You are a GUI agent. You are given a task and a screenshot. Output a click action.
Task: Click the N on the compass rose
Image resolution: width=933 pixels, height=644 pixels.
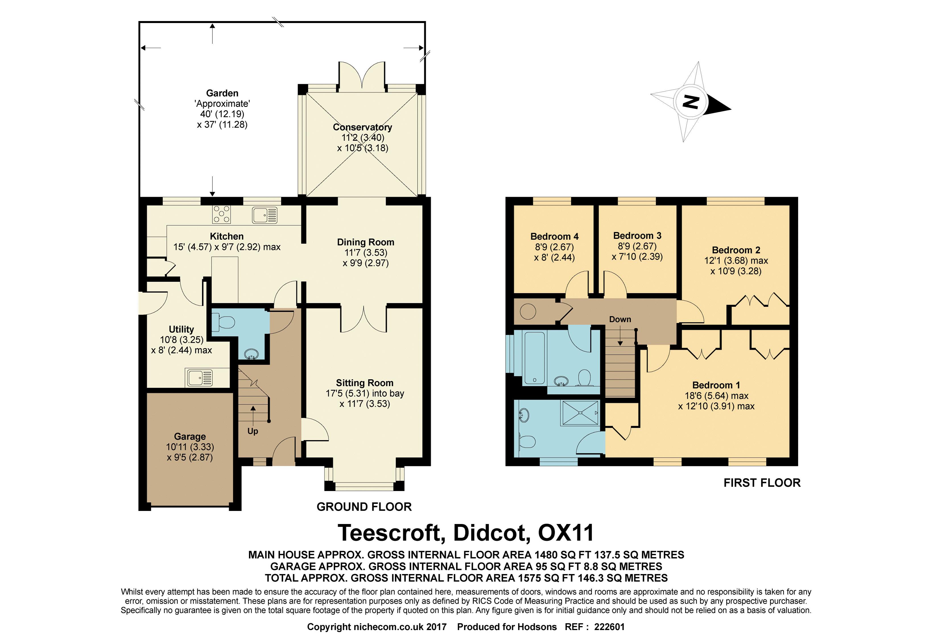point(690,102)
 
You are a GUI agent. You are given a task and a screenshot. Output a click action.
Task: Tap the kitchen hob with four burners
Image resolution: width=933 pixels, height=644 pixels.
point(222,214)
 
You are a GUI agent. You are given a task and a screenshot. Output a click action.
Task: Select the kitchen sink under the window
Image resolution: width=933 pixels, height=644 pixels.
point(265,215)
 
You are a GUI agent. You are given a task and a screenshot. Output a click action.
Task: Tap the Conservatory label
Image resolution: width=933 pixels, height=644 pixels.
point(362,127)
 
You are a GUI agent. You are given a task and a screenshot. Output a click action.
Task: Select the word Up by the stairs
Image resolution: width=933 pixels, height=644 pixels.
point(253,431)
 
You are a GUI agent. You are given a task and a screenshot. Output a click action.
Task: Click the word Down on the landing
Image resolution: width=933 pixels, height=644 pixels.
point(620,319)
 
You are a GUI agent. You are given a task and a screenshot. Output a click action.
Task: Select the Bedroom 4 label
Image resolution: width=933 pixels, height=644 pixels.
point(554,237)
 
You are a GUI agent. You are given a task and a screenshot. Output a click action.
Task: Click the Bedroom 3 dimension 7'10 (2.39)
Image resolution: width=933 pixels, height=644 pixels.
point(637,257)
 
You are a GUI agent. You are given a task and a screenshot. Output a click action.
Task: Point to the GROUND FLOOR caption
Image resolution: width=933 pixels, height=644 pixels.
point(364,507)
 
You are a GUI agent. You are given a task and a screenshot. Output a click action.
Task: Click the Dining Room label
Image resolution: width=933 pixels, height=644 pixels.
point(365,242)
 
